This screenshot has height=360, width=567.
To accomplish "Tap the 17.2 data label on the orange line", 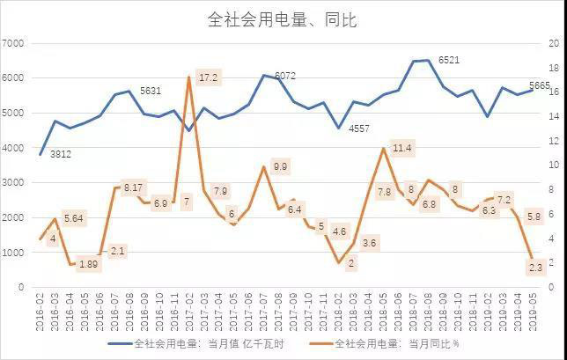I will pyautogui.click(x=208, y=77).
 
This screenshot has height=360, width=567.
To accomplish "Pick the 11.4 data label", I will pyautogui.click(x=401, y=147).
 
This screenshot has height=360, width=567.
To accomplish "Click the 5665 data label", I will pyautogui.click(x=540, y=85).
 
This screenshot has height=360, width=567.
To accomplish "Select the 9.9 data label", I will pyautogui.click(x=281, y=165).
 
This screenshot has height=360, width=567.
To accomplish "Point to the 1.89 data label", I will pyautogui.click(x=89, y=264).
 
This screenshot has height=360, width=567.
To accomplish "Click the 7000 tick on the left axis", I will pyautogui.click(x=13, y=43).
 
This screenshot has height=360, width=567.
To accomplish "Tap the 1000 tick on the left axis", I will pyautogui.click(x=13, y=253).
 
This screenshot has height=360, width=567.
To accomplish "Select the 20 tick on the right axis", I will pyautogui.click(x=554, y=43).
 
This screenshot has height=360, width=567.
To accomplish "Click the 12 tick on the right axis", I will pyautogui.click(x=554, y=141).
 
